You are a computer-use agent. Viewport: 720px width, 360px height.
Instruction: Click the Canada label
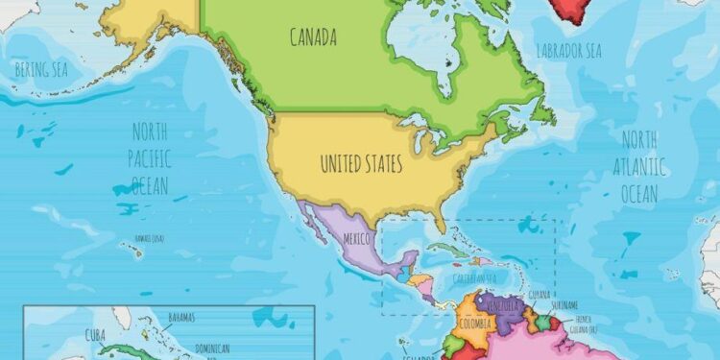coord(313,38)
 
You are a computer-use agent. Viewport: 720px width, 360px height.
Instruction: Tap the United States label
coord(361,164)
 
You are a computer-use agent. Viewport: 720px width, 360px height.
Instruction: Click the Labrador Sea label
coord(568,50)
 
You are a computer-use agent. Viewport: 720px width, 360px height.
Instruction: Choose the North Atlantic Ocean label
coord(637,167)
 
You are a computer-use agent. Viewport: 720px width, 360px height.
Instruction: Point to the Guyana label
coord(540,295)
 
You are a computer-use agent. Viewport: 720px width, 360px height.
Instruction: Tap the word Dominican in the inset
coord(220,348)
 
